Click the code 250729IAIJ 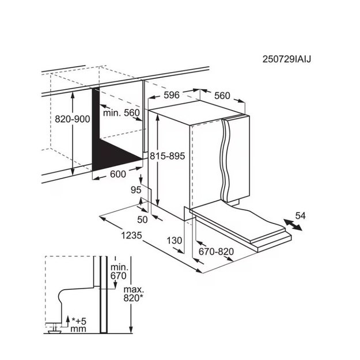286,59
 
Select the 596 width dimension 171,95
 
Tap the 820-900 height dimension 73,119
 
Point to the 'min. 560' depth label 121,113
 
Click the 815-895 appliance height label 168,156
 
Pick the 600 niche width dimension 118,175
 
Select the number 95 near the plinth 136,190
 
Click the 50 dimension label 142,219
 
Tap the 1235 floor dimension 131,236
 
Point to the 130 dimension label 175,241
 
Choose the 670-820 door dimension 216,252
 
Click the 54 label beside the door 301,216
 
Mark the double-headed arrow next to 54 293,225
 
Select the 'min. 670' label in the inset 119,271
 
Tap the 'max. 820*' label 133,294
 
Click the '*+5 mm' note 78,324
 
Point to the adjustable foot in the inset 54,329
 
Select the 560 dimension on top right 222,96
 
